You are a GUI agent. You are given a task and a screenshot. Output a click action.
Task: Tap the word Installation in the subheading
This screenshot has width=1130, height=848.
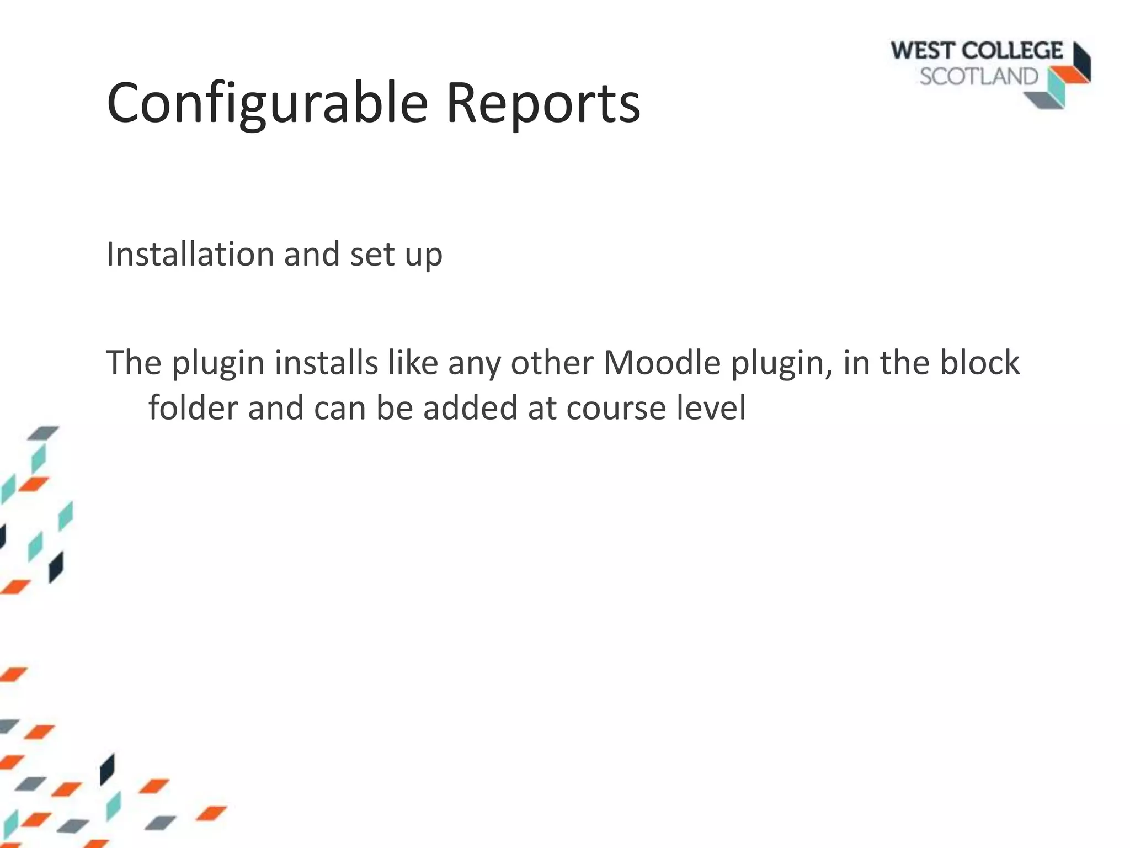coord(190,255)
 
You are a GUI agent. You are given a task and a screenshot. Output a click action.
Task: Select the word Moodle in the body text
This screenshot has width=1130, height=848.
coord(662,363)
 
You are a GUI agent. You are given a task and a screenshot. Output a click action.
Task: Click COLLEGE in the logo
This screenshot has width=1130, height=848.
coord(1012,51)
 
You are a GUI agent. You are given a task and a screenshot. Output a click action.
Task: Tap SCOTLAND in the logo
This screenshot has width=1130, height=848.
coord(979,76)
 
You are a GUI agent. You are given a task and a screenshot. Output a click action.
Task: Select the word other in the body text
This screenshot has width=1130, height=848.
coord(551,363)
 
